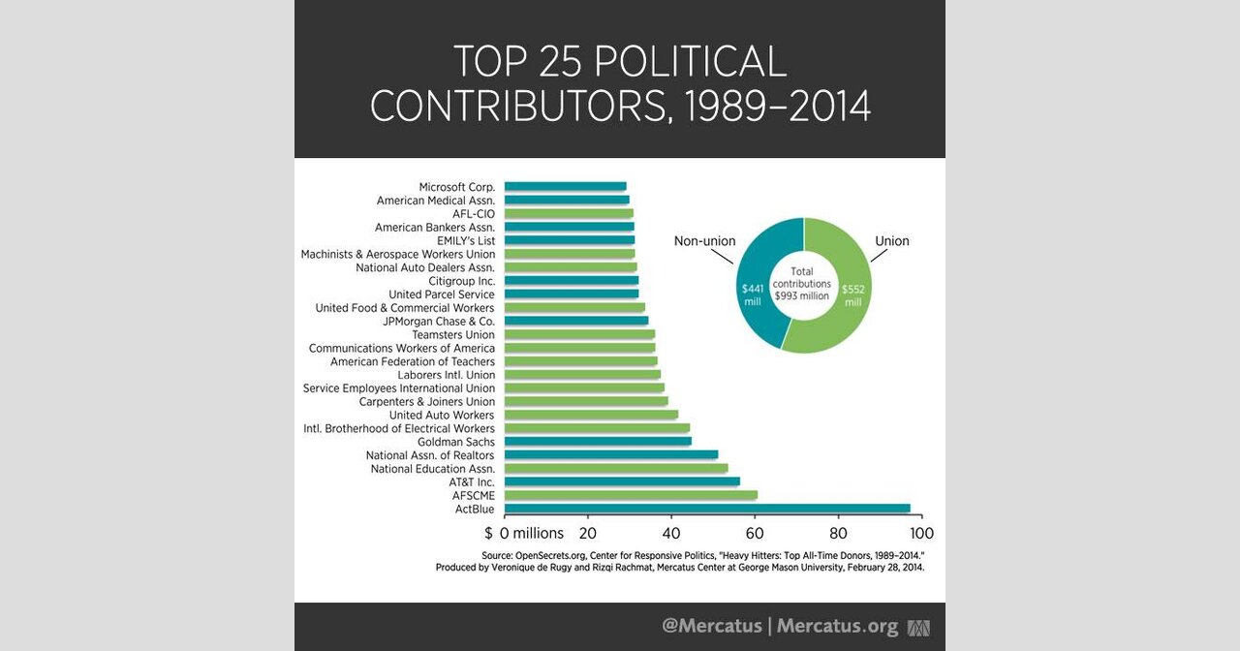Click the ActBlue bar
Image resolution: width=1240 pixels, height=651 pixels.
pos(707,508)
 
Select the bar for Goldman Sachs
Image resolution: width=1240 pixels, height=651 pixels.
pos(598,441)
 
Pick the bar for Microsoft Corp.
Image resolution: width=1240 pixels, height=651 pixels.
pos(565,186)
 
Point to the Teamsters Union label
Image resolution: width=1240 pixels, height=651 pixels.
pos(452,334)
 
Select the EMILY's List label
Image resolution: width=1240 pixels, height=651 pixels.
pos(466,240)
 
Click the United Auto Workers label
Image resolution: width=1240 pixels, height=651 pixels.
pos(442,415)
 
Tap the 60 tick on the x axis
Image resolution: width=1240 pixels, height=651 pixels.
pos(755,533)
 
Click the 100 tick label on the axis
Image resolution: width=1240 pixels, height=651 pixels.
pos(921,533)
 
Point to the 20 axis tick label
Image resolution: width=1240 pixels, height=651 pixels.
pos(588,533)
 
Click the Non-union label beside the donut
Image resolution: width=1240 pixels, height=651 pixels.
pos(704,241)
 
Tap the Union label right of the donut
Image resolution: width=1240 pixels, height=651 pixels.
pos(892,241)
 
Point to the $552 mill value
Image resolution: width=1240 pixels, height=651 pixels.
pos(852,294)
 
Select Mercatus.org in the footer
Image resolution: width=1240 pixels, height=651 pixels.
pos(837,626)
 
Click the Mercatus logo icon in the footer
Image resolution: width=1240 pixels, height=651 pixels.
pos(917,627)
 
